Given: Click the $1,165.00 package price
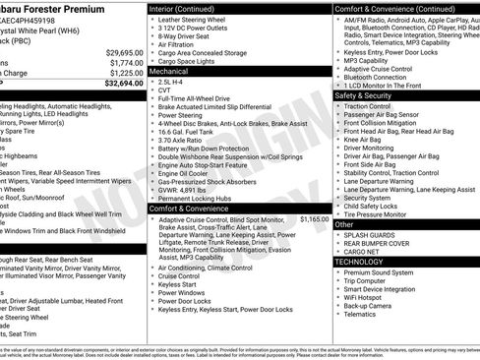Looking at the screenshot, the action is click(x=315, y=219).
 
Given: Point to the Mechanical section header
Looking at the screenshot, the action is click(x=168, y=72).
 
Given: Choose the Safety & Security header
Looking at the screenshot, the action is click(x=369, y=95).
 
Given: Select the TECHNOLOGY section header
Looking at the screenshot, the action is click(x=359, y=262).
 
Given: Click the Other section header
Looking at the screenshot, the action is click(x=345, y=224).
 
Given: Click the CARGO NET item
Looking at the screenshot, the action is click(x=366, y=252).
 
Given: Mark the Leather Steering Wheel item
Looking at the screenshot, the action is click(x=196, y=20).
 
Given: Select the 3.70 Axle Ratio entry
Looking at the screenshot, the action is click(x=180, y=141).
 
